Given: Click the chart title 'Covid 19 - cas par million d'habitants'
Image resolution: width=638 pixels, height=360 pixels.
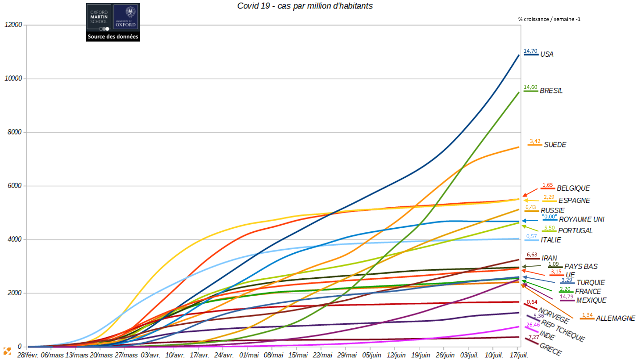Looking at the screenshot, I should [x=305, y=6].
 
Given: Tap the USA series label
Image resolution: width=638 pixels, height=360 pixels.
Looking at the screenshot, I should [x=546, y=54].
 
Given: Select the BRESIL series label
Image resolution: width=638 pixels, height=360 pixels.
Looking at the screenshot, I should [x=551, y=91].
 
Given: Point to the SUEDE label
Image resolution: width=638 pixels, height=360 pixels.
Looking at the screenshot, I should [x=555, y=145].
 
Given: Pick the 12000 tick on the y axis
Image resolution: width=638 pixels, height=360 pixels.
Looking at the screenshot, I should [x=13, y=25].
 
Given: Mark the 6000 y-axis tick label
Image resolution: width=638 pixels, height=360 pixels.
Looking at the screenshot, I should [x=14, y=186].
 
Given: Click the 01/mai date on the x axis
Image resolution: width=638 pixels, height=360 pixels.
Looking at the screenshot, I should [x=249, y=355].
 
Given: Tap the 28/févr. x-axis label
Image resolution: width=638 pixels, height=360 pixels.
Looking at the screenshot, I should [x=27, y=355].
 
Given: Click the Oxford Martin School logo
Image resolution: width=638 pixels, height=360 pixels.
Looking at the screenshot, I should [x=99, y=17].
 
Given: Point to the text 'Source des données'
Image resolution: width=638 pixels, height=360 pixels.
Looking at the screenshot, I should [x=113, y=37].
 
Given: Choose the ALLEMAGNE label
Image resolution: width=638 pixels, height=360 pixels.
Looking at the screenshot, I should [x=615, y=318].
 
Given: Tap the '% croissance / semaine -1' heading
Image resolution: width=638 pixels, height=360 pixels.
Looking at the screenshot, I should [x=549, y=19].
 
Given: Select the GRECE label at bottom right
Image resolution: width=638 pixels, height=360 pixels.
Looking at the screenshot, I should [x=550, y=349].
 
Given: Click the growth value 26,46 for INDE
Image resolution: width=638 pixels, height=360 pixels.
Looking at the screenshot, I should [x=533, y=325].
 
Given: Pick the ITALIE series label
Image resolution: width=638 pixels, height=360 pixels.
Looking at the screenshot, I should [x=550, y=240].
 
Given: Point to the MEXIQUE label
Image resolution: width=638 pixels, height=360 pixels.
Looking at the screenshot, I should [x=591, y=300].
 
